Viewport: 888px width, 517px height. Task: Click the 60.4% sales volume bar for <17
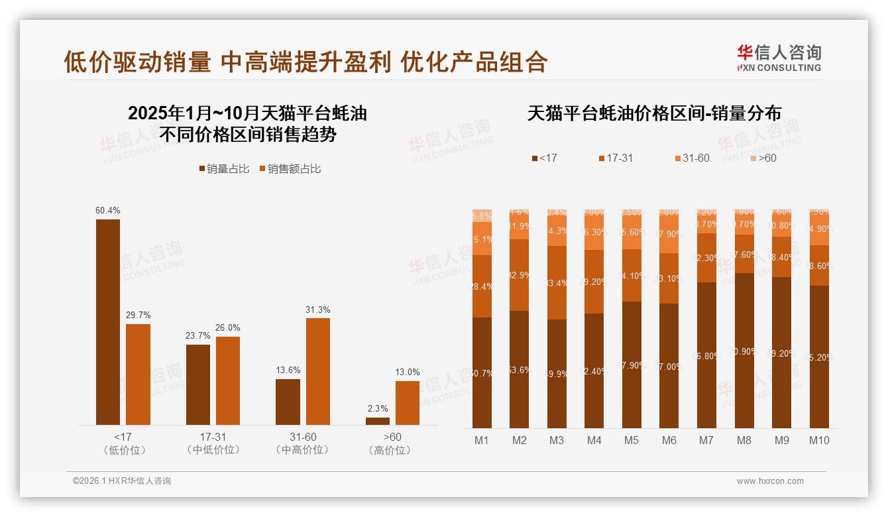pos(108,321)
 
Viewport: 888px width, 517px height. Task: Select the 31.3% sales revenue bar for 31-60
pos(318,371)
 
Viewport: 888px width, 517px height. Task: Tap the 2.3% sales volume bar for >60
pos(378,421)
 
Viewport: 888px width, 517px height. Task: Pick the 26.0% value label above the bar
pos(228,327)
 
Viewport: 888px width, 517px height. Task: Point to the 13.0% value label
pos(408,372)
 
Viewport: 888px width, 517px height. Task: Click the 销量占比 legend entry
pos(224,169)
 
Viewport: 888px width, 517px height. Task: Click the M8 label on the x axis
pos(744,440)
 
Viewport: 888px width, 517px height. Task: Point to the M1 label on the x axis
pos(482,440)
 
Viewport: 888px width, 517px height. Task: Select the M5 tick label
pos(632,440)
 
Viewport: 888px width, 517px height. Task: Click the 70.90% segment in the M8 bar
pos(744,351)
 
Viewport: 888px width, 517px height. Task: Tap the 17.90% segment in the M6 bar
pos(669,235)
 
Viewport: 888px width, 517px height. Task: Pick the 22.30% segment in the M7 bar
pos(707,258)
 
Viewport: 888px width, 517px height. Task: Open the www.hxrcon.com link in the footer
pos(770,481)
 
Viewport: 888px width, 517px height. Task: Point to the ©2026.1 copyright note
pos(122,481)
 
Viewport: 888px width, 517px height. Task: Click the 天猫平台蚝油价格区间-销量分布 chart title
pos(654,113)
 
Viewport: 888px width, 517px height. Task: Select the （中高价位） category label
pos(303,450)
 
